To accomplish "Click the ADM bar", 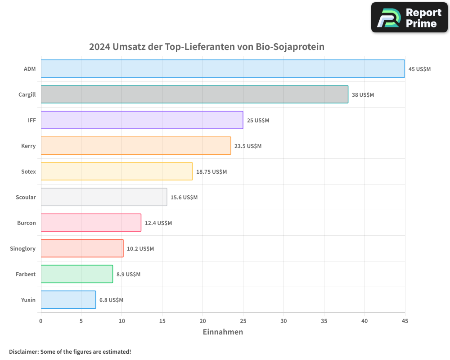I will pyautogui.click(x=223, y=69).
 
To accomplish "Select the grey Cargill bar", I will pyautogui.click(x=194, y=94).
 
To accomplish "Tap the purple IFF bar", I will pyautogui.click(x=142, y=120).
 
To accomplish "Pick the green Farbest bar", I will pyautogui.click(x=76, y=274).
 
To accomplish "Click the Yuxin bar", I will pyautogui.click(x=68, y=300).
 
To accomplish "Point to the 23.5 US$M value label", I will pyautogui.click(x=248, y=146).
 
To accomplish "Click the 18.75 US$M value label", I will pyautogui.click(x=211, y=171).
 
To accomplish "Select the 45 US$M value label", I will pyautogui.click(x=419, y=69).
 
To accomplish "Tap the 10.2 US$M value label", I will pyautogui.click(x=140, y=248).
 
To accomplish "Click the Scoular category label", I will pyautogui.click(x=26, y=197).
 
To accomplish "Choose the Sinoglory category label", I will pyautogui.click(x=23, y=248).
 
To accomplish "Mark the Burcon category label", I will pyautogui.click(x=27, y=223).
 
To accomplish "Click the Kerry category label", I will pyautogui.click(x=28, y=146).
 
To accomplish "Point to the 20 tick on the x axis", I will pyautogui.click(x=203, y=321).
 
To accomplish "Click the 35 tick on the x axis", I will pyautogui.click(x=324, y=321).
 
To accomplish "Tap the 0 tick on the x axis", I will pyautogui.click(x=41, y=321).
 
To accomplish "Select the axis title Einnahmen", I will pyautogui.click(x=223, y=332).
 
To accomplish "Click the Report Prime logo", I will pyautogui.click(x=409, y=18).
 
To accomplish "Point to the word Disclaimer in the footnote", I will pyautogui.click(x=23, y=351).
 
